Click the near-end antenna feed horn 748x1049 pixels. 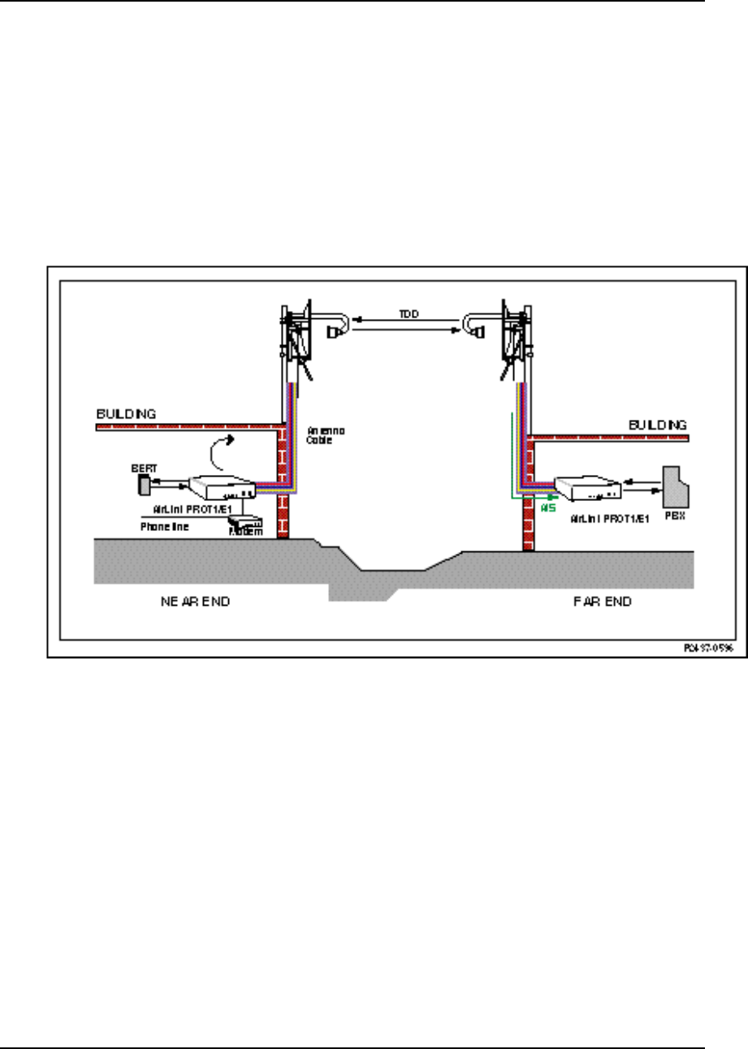tap(333, 333)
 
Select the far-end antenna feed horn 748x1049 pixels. tap(478, 332)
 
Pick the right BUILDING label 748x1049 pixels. tap(658, 424)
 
